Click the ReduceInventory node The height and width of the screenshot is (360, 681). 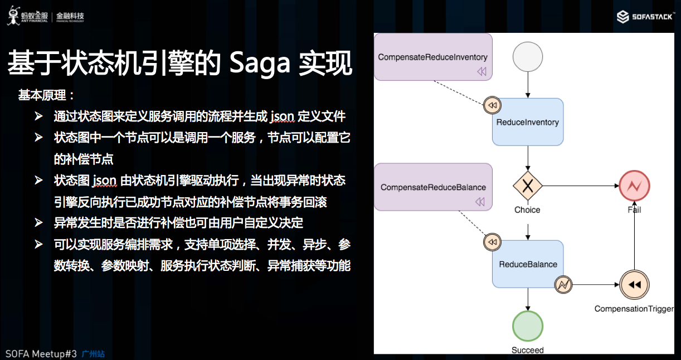coord(527,122)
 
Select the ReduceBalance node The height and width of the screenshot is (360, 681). coord(527,264)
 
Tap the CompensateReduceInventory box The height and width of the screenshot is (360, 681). coord(433,57)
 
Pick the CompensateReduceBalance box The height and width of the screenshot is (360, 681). coord(433,187)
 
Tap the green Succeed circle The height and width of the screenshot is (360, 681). coord(527,325)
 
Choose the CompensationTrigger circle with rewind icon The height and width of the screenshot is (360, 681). coord(634,285)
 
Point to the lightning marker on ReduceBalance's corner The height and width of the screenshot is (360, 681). coord(563,285)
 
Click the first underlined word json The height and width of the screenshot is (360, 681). coord(282,116)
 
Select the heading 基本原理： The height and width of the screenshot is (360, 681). coord(47,95)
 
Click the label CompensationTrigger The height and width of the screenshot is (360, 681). coord(634,309)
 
